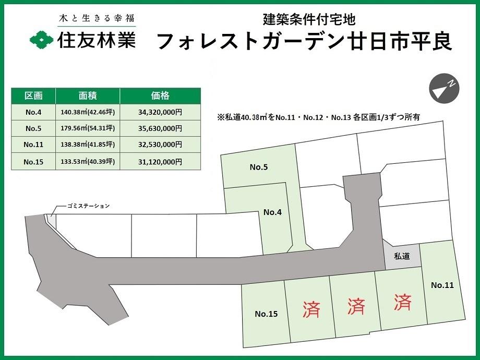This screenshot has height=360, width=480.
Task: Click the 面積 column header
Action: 87,96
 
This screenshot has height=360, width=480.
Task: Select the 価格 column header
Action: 160,96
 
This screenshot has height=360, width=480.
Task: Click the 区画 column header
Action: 33,96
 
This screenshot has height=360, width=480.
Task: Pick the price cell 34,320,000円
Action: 160,112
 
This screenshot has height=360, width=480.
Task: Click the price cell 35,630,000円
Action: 160,128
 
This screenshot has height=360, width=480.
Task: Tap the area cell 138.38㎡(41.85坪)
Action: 87,145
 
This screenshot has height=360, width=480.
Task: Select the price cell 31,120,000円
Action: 160,162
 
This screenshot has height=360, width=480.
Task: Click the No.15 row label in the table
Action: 33,162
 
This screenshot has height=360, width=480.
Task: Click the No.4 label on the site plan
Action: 272,212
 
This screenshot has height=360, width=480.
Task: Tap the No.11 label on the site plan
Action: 442,285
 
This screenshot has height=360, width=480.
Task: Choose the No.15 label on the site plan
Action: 266,314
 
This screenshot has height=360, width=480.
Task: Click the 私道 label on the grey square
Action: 402,256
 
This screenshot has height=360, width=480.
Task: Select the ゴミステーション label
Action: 89,206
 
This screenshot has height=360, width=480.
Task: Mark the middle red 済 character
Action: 357,306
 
